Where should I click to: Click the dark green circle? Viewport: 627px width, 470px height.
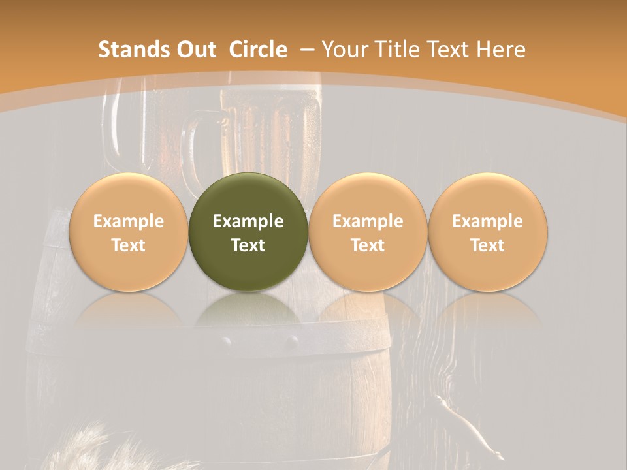(x=248, y=232)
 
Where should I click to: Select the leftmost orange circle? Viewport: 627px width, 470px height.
(x=128, y=232)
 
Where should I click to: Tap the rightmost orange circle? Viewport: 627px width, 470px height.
(x=487, y=232)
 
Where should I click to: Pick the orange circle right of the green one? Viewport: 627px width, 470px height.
(x=368, y=232)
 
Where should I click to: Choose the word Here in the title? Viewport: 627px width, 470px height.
(x=502, y=50)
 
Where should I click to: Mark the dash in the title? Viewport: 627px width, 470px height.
(x=307, y=50)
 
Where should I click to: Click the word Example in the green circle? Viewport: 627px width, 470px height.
(x=248, y=221)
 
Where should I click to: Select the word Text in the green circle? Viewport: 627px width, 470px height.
(x=248, y=245)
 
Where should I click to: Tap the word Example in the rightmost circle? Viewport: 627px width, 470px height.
(x=487, y=221)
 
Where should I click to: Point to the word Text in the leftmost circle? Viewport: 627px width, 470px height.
(x=128, y=245)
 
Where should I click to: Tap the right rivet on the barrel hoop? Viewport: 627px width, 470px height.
(x=293, y=340)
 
